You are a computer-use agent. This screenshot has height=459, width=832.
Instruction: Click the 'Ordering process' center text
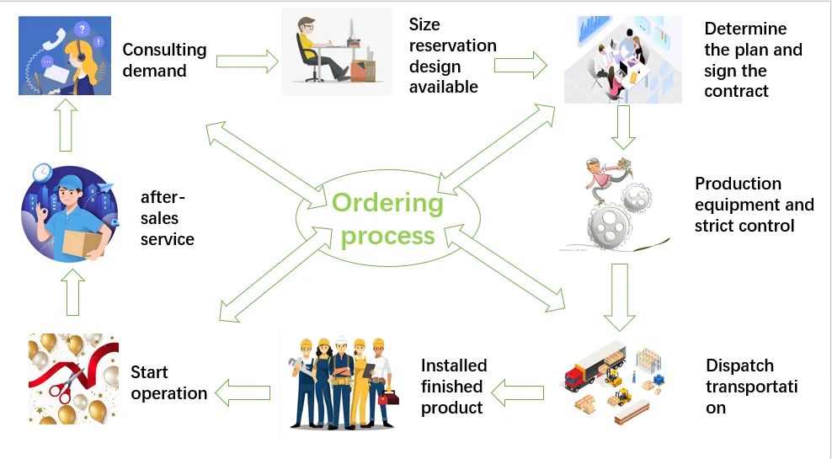click(x=388, y=219)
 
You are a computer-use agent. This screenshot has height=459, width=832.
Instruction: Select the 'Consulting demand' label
click(x=164, y=60)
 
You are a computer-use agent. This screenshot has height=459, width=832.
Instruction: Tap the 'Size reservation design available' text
click(x=452, y=56)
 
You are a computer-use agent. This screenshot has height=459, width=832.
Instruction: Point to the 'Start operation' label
click(x=168, y=382)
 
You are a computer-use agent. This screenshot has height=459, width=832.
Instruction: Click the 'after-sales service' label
click(x=167, y=217)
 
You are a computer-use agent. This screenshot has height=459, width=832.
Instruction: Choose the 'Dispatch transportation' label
click(x=751, y=387)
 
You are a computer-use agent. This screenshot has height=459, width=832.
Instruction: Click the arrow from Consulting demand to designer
click(x=248, y=61)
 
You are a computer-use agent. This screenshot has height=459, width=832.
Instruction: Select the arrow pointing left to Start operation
click(x=243, y=393)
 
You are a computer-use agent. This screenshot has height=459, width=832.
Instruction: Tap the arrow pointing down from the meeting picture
click(x=623, y=127)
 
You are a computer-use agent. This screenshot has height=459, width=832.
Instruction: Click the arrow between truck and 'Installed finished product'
click(x=517, y=393)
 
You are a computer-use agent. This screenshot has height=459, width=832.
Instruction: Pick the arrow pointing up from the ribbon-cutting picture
click(x=73, y=292)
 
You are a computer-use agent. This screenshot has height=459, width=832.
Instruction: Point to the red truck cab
click(x=574, y=376)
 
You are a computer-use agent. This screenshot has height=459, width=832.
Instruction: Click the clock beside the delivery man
click(x=42, y=173)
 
